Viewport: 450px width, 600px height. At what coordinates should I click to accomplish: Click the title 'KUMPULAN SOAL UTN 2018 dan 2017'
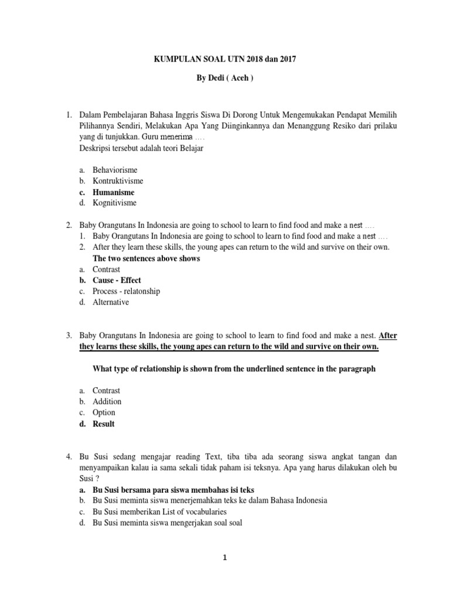225,59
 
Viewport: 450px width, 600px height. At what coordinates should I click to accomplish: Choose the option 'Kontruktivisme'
118,181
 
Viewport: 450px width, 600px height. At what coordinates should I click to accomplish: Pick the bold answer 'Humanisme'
113,192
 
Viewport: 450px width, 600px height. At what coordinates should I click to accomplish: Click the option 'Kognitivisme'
114,203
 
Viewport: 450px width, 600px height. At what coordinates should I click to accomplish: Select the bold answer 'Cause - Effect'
117,280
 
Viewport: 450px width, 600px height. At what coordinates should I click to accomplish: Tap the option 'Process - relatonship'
126,291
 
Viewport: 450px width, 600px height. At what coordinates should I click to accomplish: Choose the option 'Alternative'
111,302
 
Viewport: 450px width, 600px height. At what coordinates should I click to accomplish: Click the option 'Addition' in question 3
107,401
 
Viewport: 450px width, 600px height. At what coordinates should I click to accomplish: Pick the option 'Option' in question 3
104,412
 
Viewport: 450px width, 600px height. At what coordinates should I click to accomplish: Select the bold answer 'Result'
104,424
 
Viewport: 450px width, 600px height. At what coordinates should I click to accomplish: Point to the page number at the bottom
225,558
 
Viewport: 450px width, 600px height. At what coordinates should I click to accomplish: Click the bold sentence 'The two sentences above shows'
146,258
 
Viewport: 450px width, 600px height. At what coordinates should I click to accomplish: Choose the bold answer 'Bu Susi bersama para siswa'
173,489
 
